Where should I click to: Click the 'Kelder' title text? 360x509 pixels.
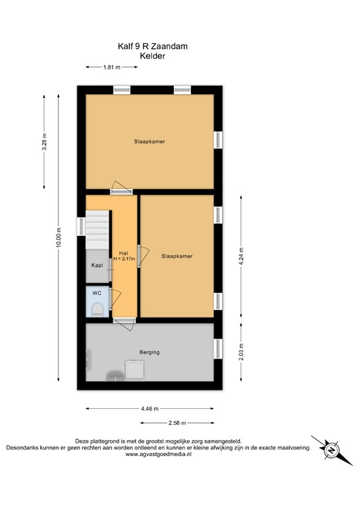click(x=152, y=56)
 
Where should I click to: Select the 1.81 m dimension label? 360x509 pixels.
click(x=111, y=67)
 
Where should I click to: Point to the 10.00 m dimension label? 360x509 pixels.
click(x=59, y=237)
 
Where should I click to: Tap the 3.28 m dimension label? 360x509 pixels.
click(x=44, y=142)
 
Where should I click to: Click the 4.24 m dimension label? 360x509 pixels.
click(x=241, y=256)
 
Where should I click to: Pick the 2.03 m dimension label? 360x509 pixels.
click(x=241, y=352)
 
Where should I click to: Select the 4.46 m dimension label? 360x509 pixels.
click(x=150, y=409)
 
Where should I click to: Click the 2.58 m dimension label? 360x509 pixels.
click(x=177, y=423)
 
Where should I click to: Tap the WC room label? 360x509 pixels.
click(x=97, y=293)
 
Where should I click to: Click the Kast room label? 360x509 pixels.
click(x=97, y=265)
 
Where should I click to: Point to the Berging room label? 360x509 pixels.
click(x=149, y=352)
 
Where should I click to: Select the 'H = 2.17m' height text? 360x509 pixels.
click(x=124, y=258)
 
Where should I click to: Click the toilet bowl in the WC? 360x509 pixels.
click(x=97, y=310)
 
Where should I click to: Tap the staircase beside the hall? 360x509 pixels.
click(x=97, y=230)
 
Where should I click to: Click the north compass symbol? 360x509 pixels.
click(x=331, y=451)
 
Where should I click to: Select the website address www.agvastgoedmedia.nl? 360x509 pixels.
click(x=158, y=455)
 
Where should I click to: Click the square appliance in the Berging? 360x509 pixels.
click(x=135, y=369)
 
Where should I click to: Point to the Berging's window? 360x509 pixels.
click(x=218, y=349)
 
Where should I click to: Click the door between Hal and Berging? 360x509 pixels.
click(x=125, y=323)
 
